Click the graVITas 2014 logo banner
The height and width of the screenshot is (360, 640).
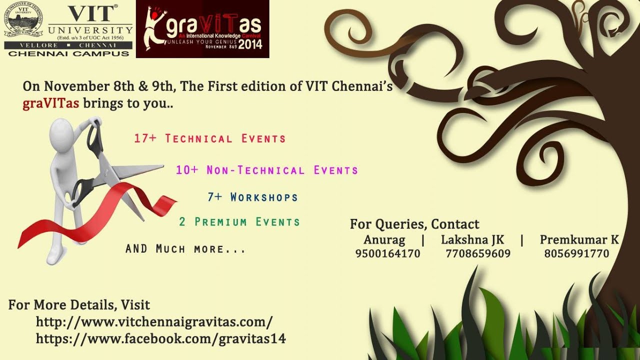point(202,29)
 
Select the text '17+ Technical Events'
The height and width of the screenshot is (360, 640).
point(209,138)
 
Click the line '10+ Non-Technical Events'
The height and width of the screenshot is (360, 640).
point(267,170)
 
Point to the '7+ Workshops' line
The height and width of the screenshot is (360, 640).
point(252,197)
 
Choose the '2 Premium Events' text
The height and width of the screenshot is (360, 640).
point(239,221)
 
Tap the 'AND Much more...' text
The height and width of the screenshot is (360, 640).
point(185,248)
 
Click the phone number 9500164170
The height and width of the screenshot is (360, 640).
point(387,253)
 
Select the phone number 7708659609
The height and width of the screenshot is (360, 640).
point(478,253)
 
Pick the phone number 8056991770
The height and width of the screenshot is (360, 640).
point(576,253)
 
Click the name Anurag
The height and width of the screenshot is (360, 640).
point(384,239)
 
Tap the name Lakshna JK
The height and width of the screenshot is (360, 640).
point(472,239)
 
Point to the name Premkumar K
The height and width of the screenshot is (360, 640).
point(579,239)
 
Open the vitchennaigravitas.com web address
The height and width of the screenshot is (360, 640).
point(154,321)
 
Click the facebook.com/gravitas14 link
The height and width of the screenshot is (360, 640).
point(160,338)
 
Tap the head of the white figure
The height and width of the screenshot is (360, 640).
point(63,132)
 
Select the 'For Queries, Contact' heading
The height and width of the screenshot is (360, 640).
point(414,224)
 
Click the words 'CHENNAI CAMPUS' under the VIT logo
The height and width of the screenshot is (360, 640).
point(68,53)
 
